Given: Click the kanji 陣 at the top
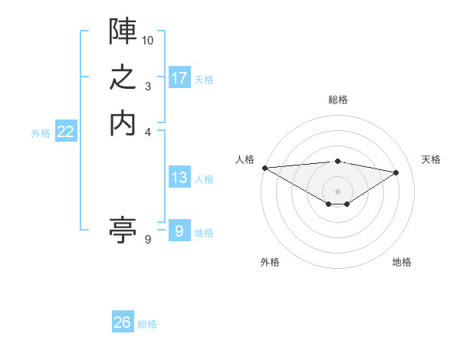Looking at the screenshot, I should coord(123,30).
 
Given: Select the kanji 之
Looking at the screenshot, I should coord(123,77).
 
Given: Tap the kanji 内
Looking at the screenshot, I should coord(123,123).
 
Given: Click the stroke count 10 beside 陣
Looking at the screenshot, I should coord(148,39).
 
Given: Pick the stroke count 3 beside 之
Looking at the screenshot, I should coord(147,87).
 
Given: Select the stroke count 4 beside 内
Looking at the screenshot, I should coord(148,132).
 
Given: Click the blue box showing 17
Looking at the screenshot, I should coord(179,78).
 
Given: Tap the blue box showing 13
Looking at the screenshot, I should coord(179,178).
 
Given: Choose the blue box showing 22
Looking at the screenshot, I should coord(66,132).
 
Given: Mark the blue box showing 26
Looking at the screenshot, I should coord(123,322).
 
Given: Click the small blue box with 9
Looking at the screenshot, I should coord(179,231).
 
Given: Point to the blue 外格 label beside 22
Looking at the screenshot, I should coord(41,133).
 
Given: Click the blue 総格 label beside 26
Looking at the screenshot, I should coord(147,324).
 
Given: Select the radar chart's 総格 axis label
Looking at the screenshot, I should coord(337,100).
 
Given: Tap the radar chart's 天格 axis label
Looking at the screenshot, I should coord(431,159).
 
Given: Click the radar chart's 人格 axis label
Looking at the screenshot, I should coord(245,159).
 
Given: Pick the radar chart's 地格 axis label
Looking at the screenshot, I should coord(402,263).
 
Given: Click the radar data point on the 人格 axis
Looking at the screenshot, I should coord(264,168).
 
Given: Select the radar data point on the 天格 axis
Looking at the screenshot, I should coord(396,172).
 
